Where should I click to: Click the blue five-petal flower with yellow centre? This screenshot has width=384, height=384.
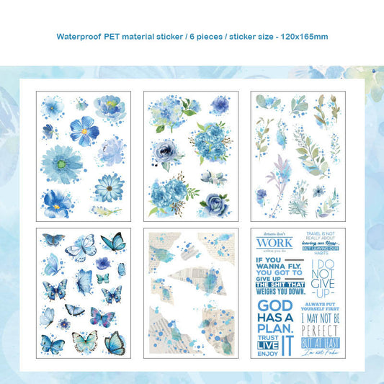[84, 130]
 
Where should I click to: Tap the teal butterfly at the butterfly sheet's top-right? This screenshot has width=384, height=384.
[113, 243]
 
